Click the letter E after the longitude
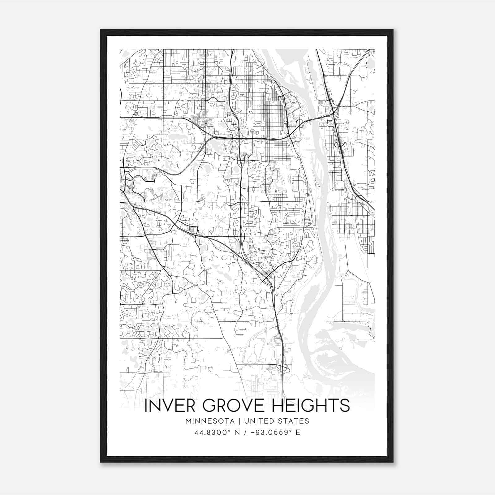point(298,433)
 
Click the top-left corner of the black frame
point(101,30)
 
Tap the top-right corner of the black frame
point(393,30)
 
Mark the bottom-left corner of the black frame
point(101,462)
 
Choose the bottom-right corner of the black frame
point(393,462)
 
